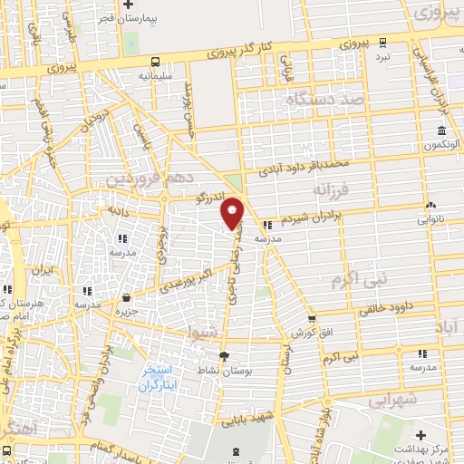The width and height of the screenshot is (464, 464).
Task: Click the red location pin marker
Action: coord(232,212)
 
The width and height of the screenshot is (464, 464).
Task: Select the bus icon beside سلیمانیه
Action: coord(157,62)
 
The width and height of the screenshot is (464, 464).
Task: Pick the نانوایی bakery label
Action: coord(430,219)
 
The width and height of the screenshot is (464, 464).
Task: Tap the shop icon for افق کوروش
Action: coord(312,318)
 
